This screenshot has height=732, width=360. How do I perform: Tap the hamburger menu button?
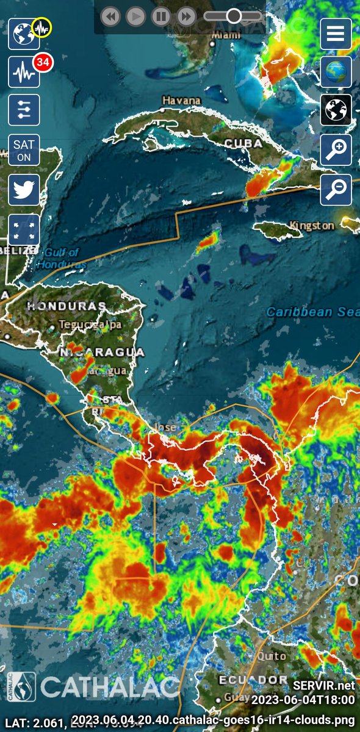[336, 34]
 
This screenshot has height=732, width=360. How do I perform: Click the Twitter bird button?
[24, 190]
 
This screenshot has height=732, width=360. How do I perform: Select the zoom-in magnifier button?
[336, 150]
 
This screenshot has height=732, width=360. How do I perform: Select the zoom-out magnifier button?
[336, 190]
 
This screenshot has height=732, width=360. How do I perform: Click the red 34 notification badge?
[42, 62]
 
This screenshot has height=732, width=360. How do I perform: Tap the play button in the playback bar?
[135, 16]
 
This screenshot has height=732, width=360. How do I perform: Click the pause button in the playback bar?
[160, 16]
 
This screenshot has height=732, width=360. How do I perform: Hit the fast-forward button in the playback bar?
[185, 16]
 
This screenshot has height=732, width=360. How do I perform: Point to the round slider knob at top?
[234, 16]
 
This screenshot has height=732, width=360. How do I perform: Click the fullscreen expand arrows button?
[24, 229]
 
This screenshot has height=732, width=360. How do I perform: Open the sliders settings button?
[24, 110]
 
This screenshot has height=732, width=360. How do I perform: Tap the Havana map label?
[181, 101]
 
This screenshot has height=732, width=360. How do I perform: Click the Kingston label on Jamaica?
[312, 226]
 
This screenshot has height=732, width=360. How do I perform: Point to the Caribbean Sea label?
[312, 312]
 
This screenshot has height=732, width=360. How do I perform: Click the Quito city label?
[271, 656]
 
